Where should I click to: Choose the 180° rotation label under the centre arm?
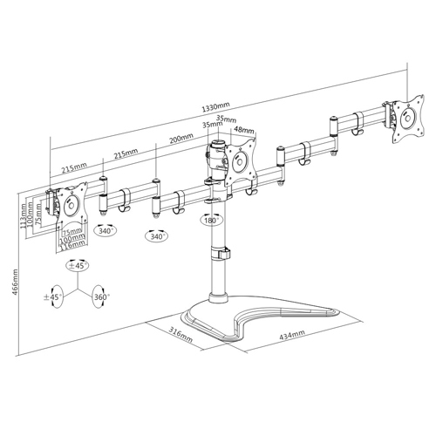210,221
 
